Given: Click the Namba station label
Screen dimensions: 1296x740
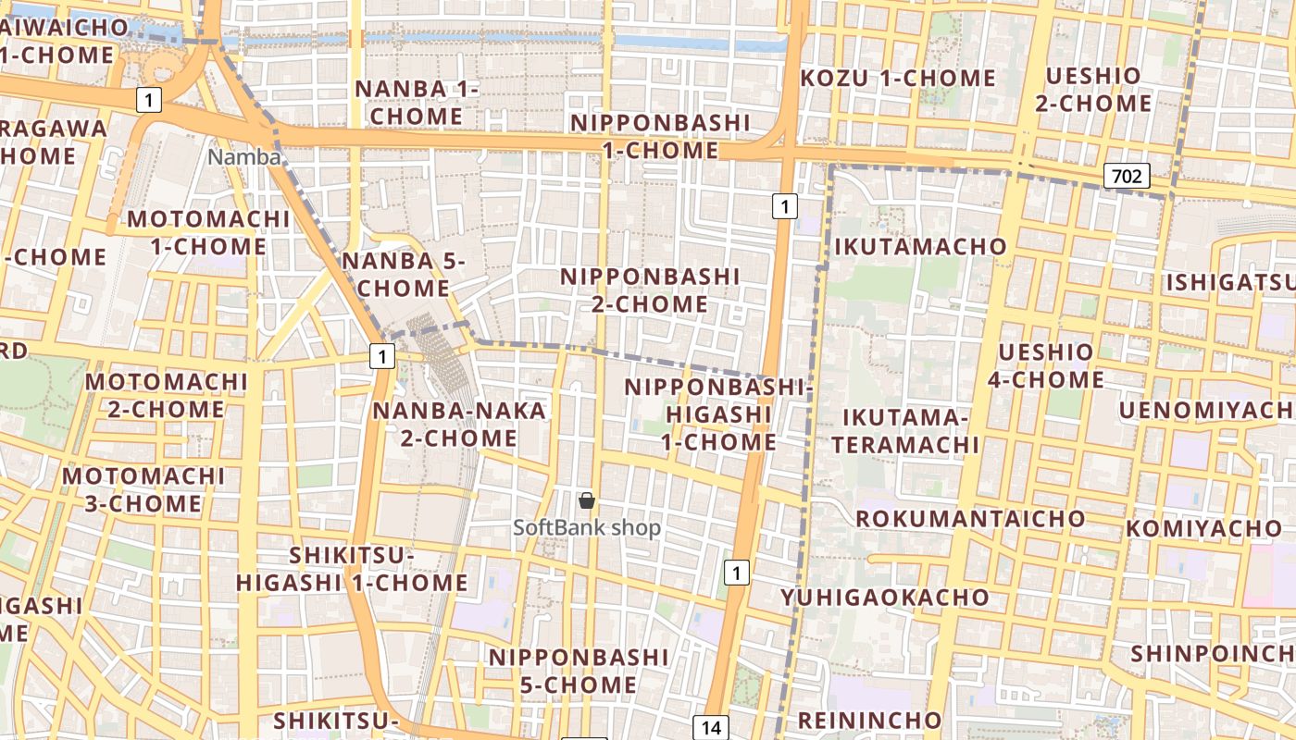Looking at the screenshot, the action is coord(243,157).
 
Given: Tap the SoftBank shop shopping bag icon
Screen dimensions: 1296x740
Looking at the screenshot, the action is coord(586,501).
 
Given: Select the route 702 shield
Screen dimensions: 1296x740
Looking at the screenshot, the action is coord(1127,176).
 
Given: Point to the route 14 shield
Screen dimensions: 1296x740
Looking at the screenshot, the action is coord(711,727).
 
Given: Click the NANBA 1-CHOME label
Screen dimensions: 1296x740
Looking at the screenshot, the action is coord(417,103).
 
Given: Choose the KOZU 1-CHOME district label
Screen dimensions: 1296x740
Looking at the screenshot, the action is coord(897,79).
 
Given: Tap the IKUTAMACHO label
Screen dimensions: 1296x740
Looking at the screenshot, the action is coord(920,247).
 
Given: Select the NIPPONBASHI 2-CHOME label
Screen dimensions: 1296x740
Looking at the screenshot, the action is coord(650,290).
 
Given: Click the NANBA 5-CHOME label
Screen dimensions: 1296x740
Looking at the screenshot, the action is coord(403,275).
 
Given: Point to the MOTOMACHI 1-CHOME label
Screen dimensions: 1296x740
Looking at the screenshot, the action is coord(208,233).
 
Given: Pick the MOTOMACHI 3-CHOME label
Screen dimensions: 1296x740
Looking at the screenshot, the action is coord(143,490).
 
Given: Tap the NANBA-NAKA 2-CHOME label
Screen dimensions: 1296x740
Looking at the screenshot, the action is coord(459,424).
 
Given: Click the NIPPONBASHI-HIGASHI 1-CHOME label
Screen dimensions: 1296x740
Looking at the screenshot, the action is coord(718,414).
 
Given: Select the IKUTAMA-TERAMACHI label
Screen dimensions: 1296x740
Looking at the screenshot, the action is coord(904,432).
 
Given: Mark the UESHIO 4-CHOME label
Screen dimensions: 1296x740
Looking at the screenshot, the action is coord(1045,366).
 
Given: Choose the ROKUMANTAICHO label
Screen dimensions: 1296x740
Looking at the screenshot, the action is coord(969,519).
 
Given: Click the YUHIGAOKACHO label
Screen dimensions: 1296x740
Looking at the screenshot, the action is coord(885,598).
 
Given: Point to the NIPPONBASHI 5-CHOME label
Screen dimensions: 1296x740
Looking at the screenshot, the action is coord(579,671).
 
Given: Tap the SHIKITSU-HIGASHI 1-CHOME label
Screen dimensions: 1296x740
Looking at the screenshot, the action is coord(352,569).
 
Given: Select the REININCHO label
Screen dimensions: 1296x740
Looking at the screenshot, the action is coord(869,721).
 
